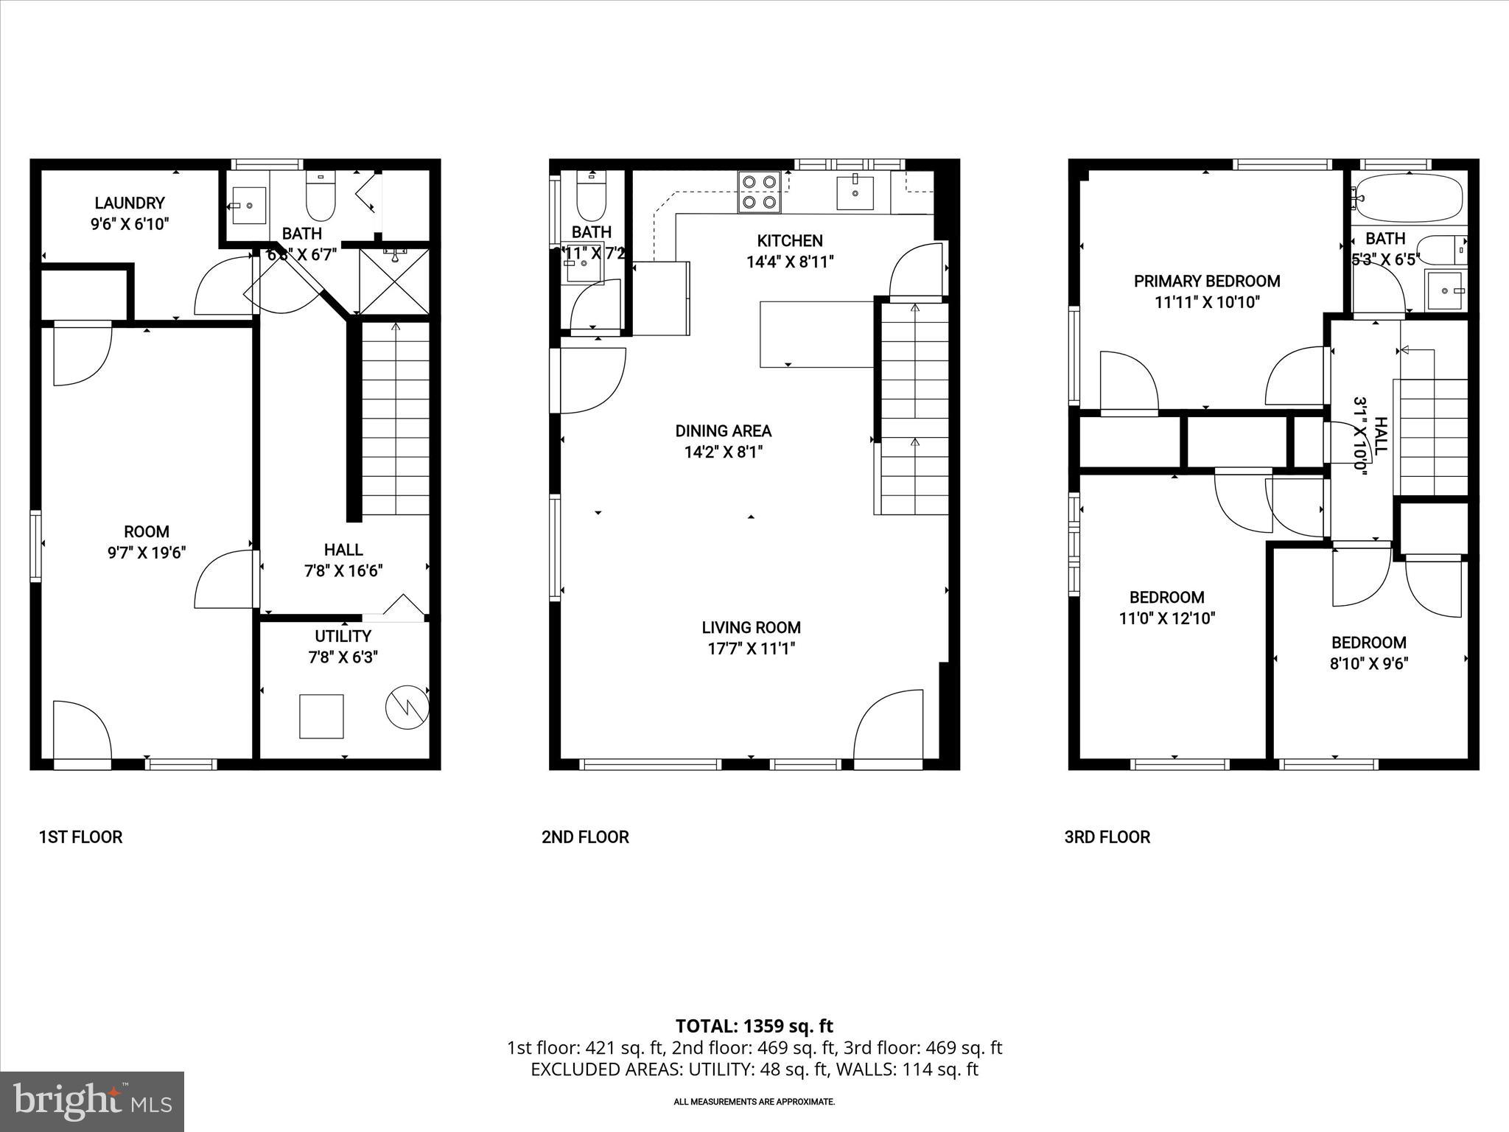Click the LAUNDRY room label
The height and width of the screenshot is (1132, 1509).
(130, 203)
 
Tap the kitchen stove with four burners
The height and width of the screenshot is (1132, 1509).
(759, 192)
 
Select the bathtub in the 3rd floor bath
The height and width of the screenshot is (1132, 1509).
(1408, 198)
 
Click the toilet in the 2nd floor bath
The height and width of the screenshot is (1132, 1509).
(590, 193)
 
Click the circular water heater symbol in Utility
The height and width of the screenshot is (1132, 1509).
(407, 707)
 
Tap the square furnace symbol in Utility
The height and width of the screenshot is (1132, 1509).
(321, 716)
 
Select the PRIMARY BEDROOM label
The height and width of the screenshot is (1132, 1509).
(1207, 281)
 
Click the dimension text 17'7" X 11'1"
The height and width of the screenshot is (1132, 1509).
(751, 649)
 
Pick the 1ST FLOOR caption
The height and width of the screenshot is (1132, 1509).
(80, 837)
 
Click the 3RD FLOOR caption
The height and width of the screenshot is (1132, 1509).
(1107, 837)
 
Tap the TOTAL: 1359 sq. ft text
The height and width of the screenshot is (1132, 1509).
(754, 1026)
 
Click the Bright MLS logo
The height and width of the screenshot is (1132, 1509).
(92, 1101)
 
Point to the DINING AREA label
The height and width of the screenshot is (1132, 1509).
(723, 431)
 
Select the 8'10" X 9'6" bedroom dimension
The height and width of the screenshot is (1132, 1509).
(1368, 663)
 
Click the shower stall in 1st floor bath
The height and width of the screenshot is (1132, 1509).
(394, 282)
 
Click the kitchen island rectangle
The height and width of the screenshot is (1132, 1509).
(816, 334)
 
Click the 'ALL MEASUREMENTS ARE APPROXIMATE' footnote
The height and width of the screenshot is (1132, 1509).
(754, 1102)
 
